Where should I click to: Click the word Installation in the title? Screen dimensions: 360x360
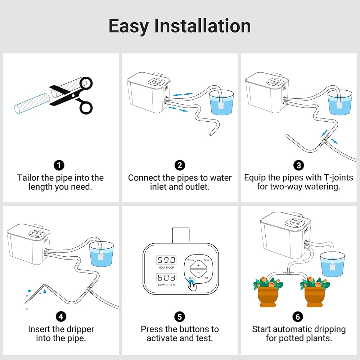(202, 26)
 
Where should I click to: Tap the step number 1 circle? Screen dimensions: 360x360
(59, 165)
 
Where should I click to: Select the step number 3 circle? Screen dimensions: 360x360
(298, 165)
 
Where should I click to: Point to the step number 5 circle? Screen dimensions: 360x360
(180, 317)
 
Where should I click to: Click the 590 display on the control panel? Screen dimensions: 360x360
(166, 260)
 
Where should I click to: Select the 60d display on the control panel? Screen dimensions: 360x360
(166, 278)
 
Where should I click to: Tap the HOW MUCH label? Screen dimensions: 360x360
(166, 267)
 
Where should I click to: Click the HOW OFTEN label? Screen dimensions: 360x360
(166, 285)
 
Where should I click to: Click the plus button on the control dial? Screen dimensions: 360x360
(199, 265)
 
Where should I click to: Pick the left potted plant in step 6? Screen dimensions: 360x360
(268, 292)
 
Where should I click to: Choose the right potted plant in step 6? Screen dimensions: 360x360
(315, 292)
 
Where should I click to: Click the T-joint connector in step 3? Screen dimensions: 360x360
(324, 141)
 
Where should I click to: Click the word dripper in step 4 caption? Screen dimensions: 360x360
(80, 329)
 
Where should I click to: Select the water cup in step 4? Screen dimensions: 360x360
(101, 254)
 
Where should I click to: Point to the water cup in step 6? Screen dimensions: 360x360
(332, 264)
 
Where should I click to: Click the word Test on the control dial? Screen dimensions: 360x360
(206, 278)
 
